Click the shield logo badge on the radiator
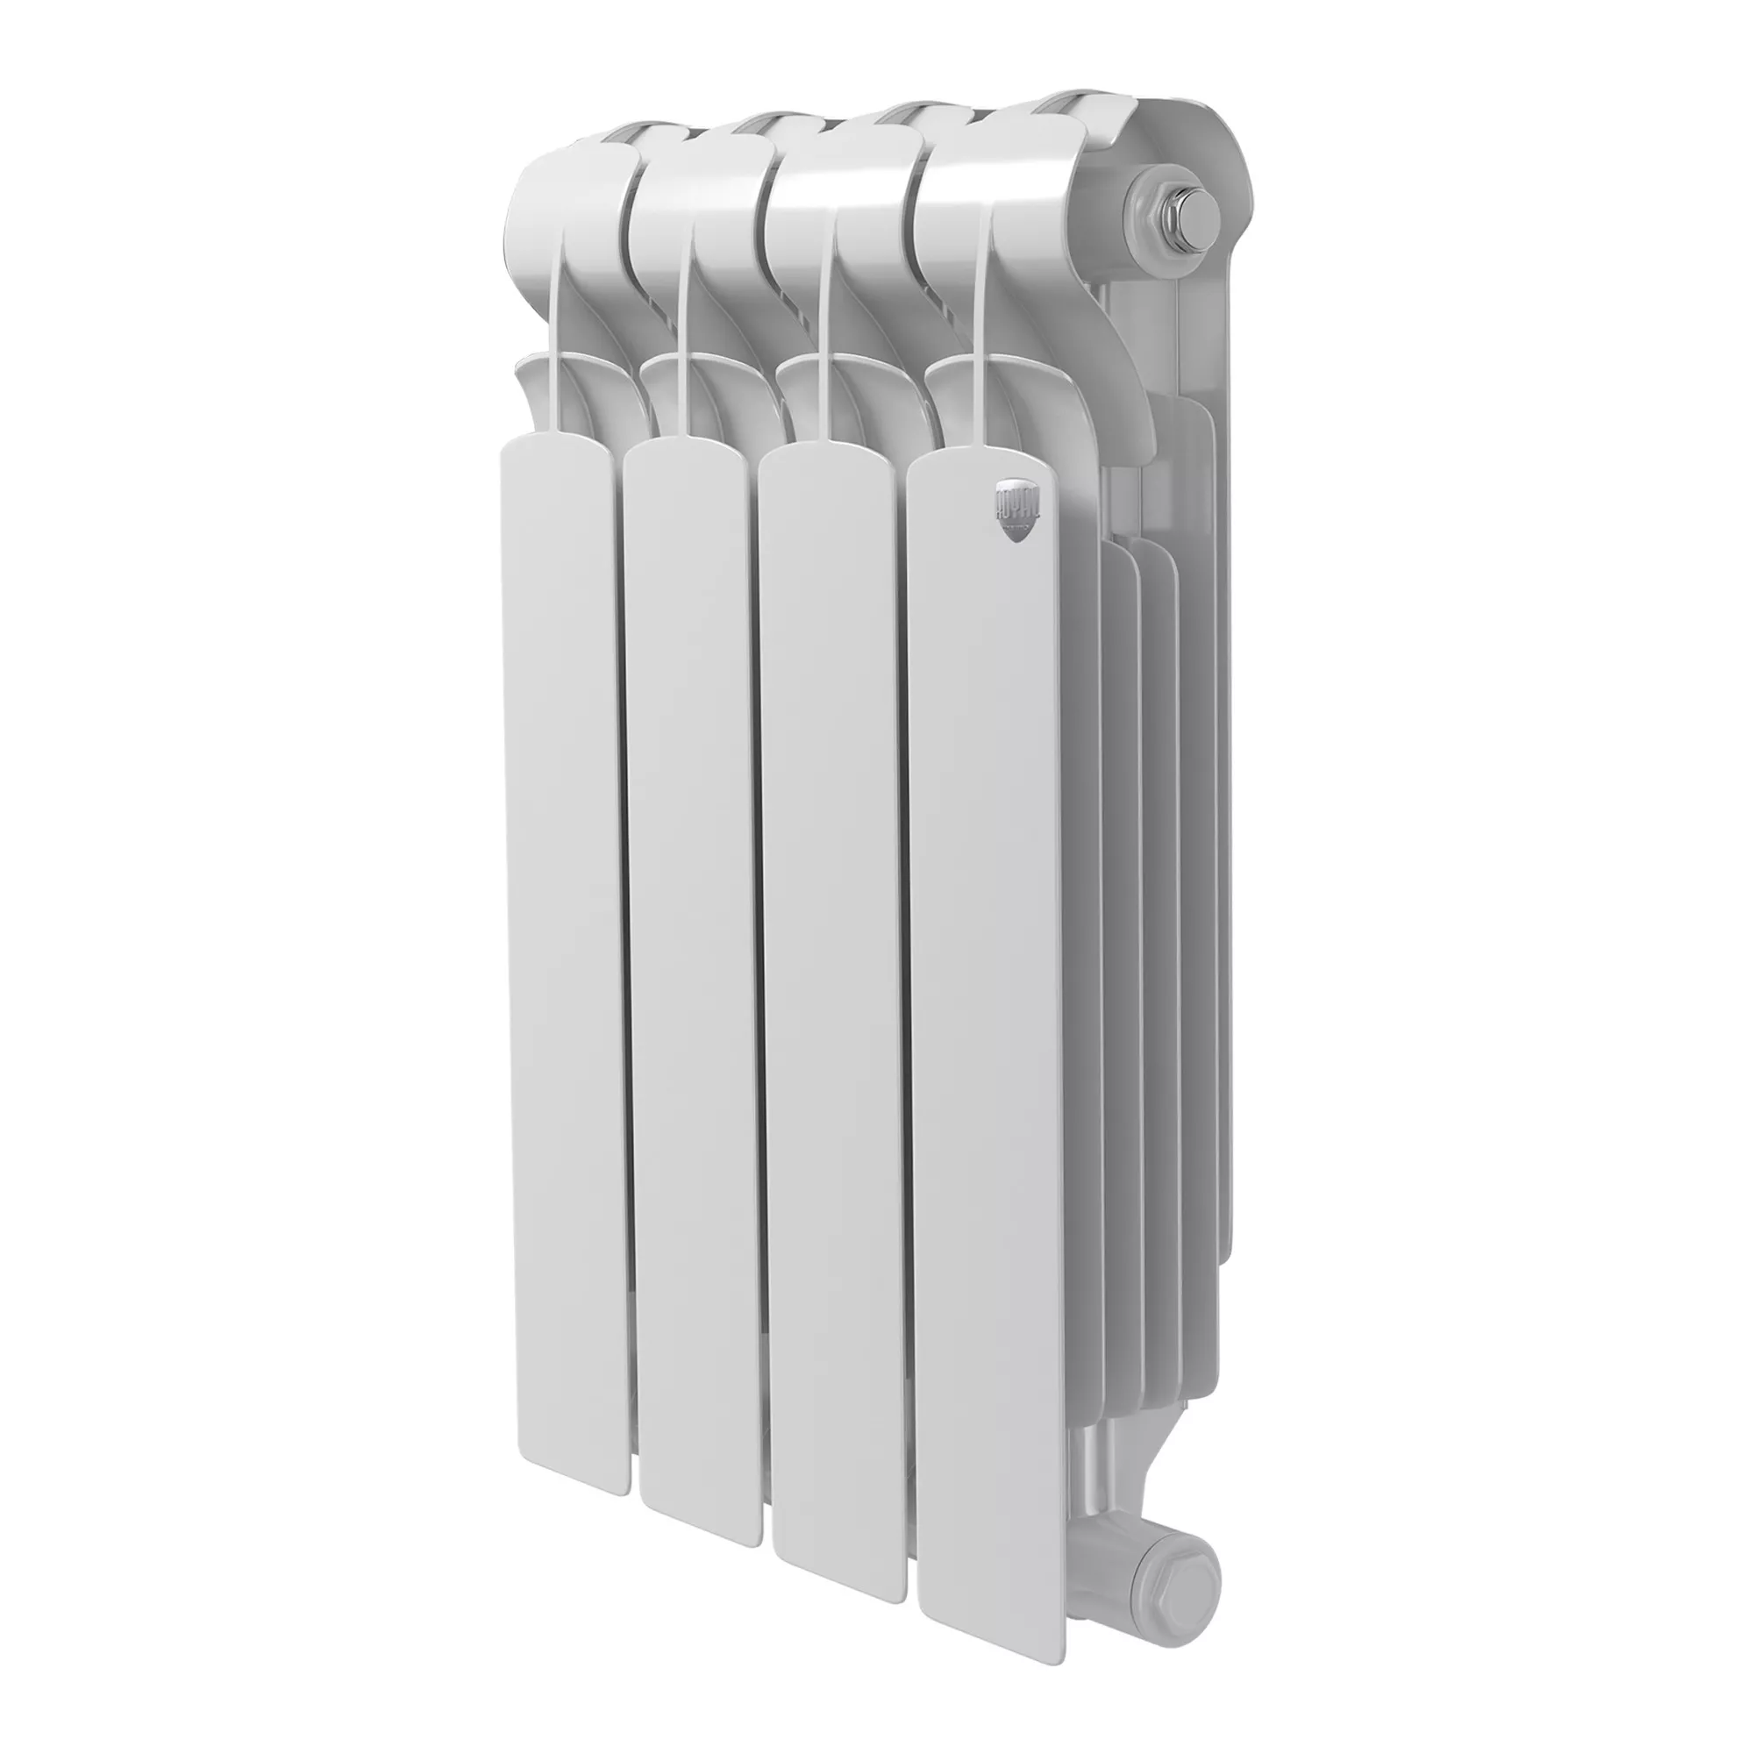coord(1014,512)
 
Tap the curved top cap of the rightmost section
coord(989,163)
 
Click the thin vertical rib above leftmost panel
coord(553,345)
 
